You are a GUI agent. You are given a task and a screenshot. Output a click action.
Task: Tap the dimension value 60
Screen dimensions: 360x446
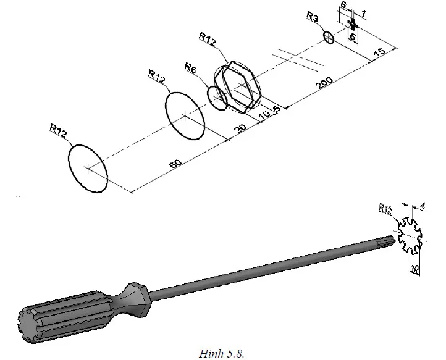[176, 164]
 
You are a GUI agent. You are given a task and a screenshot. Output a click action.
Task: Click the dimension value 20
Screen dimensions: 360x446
[242, 128]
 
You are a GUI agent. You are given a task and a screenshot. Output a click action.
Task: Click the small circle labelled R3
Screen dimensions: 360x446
[329, 38]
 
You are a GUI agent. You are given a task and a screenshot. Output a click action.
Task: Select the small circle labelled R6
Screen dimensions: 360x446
[217, 98]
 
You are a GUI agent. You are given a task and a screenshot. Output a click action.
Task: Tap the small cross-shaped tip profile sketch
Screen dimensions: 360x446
[353, 25]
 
